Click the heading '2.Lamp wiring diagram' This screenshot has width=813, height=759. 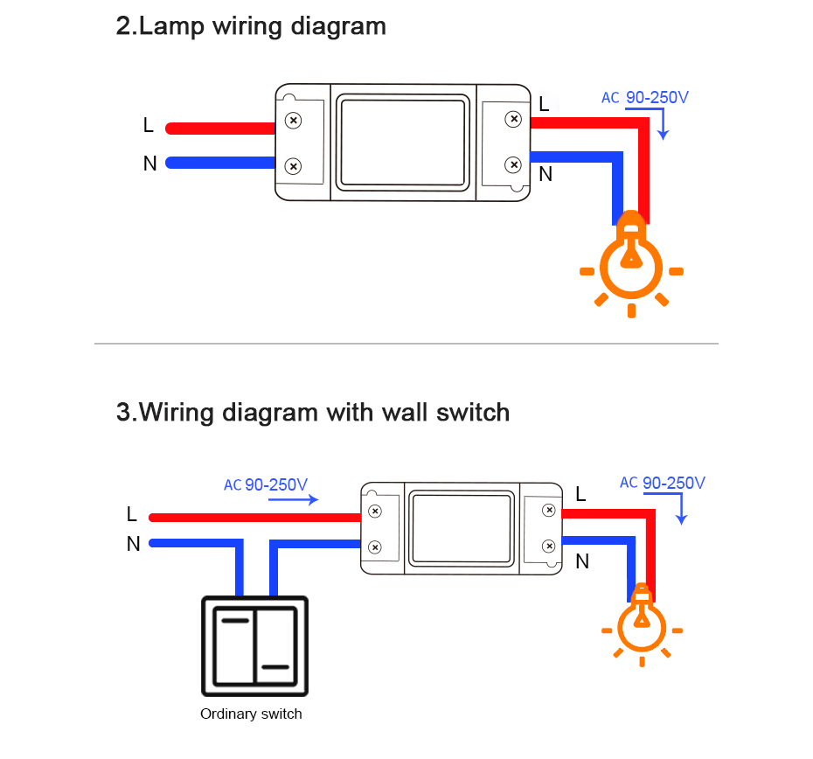click(251, 26)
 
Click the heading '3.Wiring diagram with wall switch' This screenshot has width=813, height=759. click(313, 411)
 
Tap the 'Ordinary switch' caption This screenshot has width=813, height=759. click(251, 714)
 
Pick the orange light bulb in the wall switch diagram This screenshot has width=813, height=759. click(642, 623)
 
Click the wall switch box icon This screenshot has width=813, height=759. click(254, 642)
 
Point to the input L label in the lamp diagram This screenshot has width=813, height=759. click(149, 126)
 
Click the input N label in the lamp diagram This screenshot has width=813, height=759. click(149, 163)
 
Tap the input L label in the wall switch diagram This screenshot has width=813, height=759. click(132, 514)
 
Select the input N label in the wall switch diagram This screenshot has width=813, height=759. click(133, 544)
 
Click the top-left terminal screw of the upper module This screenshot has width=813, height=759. click(295, 121)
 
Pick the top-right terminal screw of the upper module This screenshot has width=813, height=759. click(514, 118)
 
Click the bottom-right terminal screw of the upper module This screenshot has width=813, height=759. click(514, 164)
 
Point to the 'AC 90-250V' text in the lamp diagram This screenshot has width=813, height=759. click(644, 98)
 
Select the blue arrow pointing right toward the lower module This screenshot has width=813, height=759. click(293, 500)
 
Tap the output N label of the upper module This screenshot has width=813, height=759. click(545, 174)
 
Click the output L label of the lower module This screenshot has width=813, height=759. click(580, 495)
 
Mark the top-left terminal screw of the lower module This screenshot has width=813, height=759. click(375, 511)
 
